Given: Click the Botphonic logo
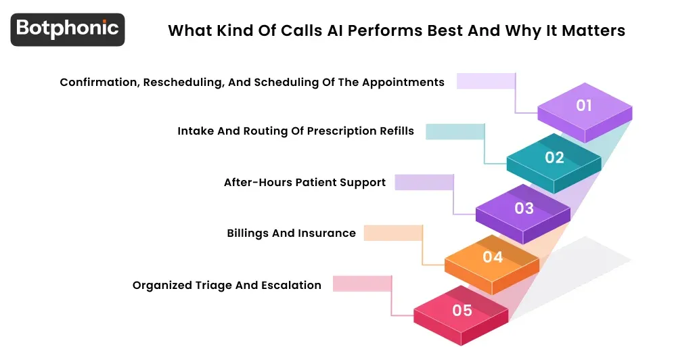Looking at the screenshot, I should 68,29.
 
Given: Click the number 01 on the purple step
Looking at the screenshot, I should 584,106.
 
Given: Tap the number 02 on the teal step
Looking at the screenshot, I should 554,157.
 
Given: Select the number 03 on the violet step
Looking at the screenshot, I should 524,208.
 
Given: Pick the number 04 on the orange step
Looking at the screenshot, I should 493,257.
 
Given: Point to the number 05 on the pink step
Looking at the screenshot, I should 462,311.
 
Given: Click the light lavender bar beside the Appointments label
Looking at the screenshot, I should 485,81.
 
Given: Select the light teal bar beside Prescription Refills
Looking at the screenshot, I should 454,131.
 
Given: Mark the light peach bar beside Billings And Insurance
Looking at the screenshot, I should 392,233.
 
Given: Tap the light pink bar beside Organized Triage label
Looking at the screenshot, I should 362,284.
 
